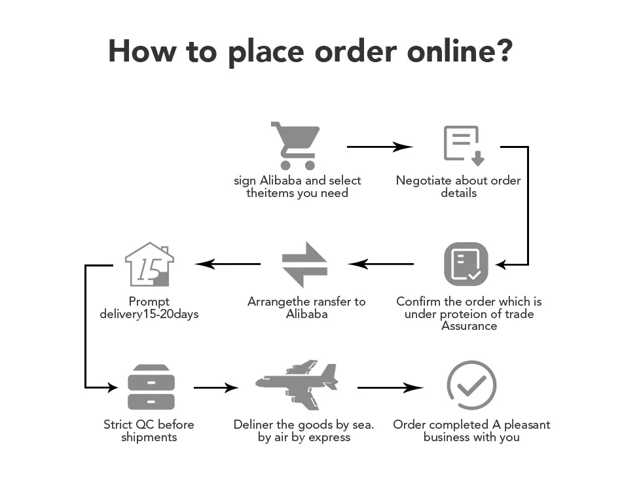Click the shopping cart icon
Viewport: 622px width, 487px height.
coord(296,145)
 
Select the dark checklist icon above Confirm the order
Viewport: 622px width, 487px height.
coord(466,264)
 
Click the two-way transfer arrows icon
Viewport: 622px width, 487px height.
coord(304,264)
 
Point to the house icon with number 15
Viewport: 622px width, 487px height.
coord(149,264)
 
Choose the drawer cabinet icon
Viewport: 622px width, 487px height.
coord(151,387)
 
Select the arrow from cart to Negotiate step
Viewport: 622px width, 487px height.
coord(380,147)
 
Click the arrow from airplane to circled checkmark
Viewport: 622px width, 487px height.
coord(390,388)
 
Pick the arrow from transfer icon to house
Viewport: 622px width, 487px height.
coord(228,264)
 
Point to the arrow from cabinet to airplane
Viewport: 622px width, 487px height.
coord(216,388)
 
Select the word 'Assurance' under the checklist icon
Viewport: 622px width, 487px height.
coord(469,326)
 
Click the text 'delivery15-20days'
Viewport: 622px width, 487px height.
coord(149,314)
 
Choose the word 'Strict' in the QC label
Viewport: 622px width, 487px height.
coord(119,425)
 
